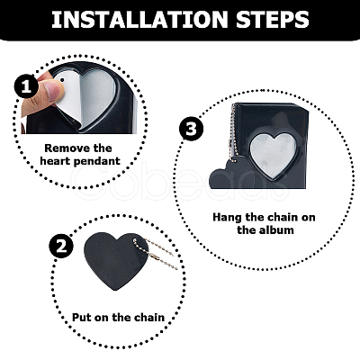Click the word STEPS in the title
coord(273,20)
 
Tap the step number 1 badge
coord(26,86)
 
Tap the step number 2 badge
coord(61,247)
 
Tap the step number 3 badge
coord(191,129)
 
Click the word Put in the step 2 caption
coord(82,318)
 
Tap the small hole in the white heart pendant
coord(62,80)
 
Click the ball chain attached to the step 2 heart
coord(156,254)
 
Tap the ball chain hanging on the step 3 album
coord(232,132)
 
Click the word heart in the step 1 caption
coord(55,161)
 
